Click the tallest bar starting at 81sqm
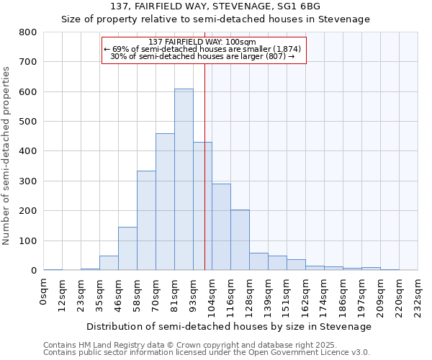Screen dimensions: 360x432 pyautogui.click(x=184, y=180)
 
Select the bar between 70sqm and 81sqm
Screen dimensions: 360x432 pyautogui.click(x=165, y=202)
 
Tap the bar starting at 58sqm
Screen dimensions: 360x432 pyautogui.click(x=146, y=220)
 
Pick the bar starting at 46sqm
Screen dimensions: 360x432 pyautogui.click(x=127, y=248)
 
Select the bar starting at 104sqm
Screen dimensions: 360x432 pyautogui.click(x=221, y=227)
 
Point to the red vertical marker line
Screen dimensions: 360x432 pyautogui.click(x=205, y=166)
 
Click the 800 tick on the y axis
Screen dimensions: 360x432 pyautogui.click(x=27, y=32)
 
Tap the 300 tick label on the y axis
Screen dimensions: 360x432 pyautogui.click(x=27, y=181)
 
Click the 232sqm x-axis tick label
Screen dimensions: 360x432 pyautogui.click(x=418, y=294)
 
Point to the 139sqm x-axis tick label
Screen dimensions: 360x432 pyautogui.click(x=269, y=294)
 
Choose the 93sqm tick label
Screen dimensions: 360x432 pyautogui.click(x=194, y=293)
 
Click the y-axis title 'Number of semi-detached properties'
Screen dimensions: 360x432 pyautogui.click(x=7, y=155)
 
